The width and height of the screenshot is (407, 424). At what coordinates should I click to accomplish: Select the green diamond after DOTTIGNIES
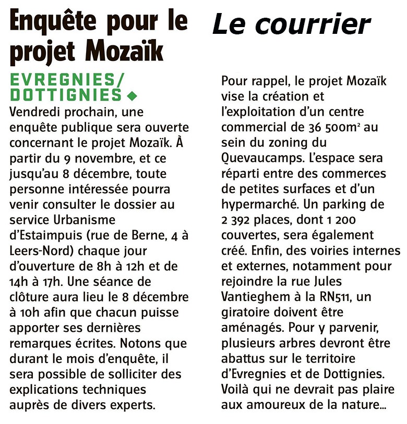click(131, 96)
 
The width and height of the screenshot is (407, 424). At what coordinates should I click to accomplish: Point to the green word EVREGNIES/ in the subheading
click(66, 81)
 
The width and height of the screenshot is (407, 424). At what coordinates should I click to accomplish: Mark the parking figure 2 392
click(235, 220)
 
